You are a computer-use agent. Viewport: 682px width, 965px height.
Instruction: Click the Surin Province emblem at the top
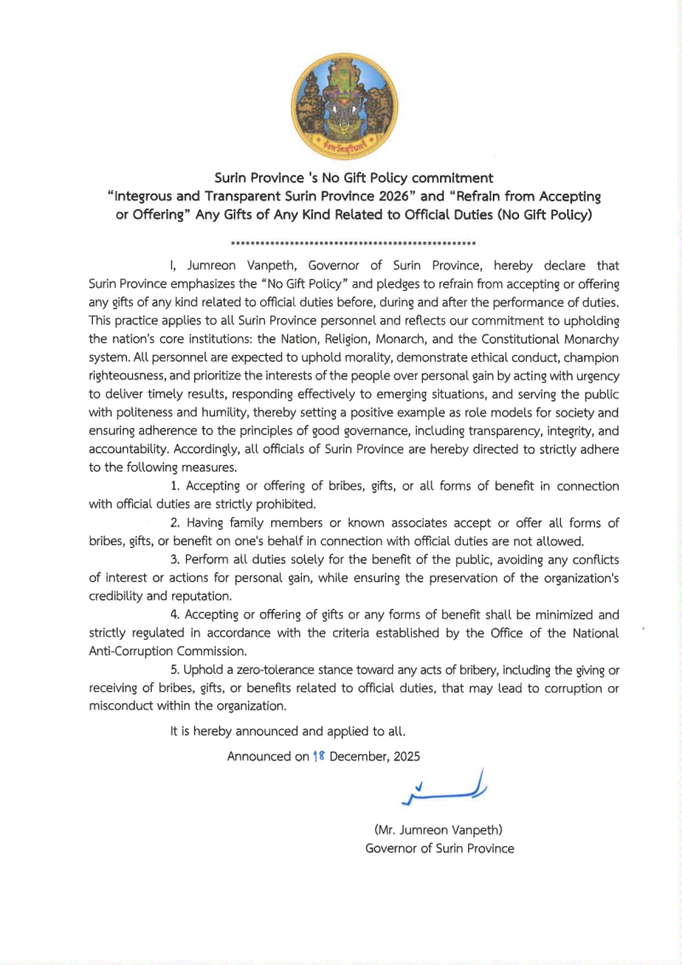pyautogui.click(x=340, y=106)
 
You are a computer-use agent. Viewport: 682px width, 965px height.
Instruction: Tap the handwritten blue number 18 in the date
pyautogui.click(x=319, y=756)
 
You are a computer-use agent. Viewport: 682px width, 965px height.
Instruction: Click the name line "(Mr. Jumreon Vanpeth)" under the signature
pyautogui.click(x=439, y=829)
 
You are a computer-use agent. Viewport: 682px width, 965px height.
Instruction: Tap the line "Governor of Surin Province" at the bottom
pyautogui.click(x=439, y=848)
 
